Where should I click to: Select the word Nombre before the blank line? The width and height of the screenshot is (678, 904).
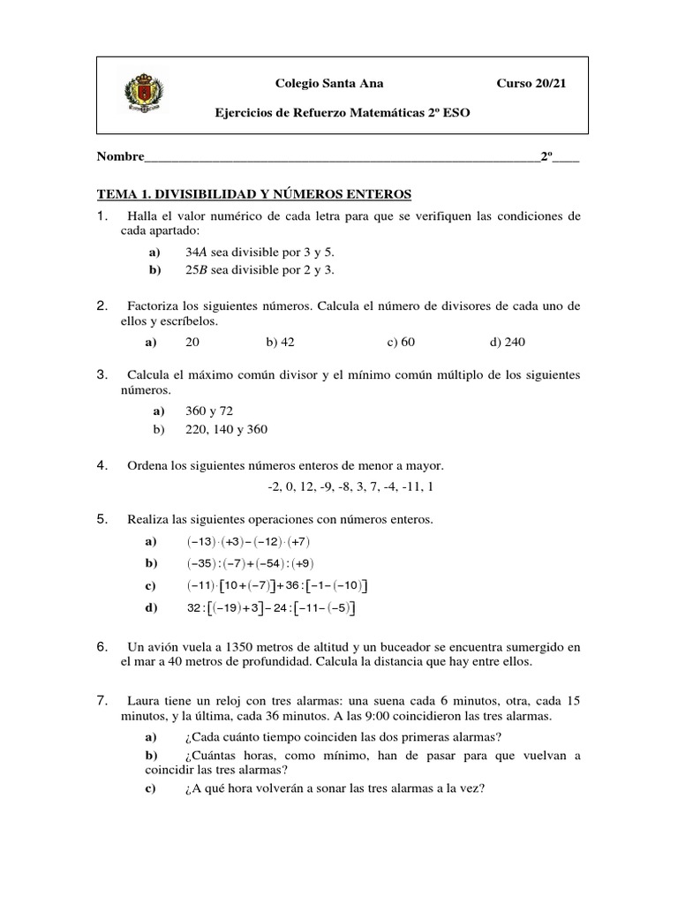tap(120, 156)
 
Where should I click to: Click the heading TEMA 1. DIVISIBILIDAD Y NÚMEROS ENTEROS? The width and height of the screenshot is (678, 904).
tap(254, 193)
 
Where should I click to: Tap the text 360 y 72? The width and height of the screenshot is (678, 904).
tap(209, 411)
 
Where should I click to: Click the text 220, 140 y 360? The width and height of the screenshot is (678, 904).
tap(226, 429)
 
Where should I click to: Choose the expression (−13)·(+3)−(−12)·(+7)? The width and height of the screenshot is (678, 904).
tap(248, 541)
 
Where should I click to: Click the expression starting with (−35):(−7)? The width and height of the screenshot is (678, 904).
tap(250, 563)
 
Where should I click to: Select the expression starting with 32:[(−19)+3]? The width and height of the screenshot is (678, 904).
tap(271, 607)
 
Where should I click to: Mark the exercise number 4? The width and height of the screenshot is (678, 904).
tap(102, 464)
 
